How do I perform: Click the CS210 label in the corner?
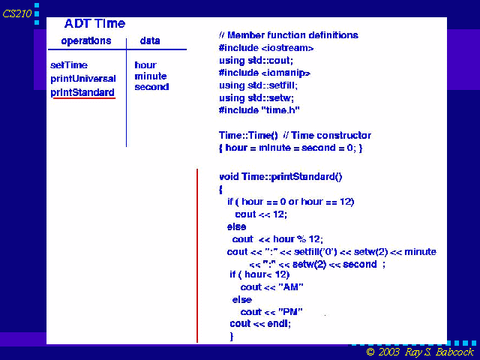click(17, 13)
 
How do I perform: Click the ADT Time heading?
click(94, 23)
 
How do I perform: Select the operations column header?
click(86, 41)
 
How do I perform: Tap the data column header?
click(150, 40)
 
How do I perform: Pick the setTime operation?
click(69, 65)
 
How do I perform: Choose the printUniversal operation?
click(83, 79)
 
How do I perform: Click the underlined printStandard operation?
click(82, 92)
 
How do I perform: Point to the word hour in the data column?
click(145, 65)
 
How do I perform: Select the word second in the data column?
click(151, 87)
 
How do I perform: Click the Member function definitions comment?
click(289, 35)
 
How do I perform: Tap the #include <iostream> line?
click(266, 48)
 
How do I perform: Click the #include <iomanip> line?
click(265, 73)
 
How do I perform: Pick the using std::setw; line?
click(256, 98)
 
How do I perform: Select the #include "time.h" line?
click(259, 110)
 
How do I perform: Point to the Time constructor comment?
click(327, 135)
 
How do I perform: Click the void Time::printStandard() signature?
click(280, 177)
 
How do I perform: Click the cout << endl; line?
click(260, 324)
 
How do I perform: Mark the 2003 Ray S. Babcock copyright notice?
click(420, 352)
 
